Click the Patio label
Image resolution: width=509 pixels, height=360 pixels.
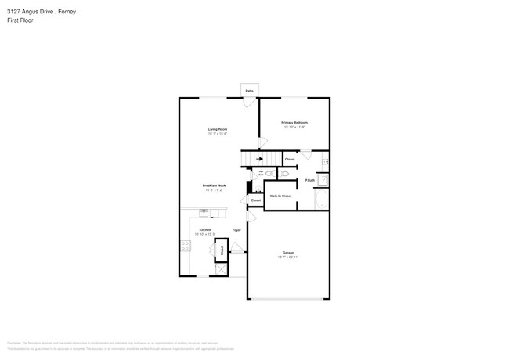[249, 92]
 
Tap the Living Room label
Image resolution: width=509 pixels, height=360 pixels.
[217, 129]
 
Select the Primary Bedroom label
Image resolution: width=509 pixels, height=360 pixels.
[294, 123]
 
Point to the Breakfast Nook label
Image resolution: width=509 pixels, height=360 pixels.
[215, 185]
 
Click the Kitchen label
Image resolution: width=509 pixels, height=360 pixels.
[204, 229]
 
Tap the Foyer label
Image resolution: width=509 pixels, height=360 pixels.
[236, 230]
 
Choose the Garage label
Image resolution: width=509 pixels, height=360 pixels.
[288, 253]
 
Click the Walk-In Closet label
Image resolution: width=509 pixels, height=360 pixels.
[280, 195]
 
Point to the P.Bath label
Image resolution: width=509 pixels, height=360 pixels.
[310, 180]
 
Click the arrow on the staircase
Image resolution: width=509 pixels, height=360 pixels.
[259, 159]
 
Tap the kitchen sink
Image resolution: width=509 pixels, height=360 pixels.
[204, 212]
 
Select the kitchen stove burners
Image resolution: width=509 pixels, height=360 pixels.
[184, 246]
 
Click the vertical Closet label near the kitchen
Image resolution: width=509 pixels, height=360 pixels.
[221, 251]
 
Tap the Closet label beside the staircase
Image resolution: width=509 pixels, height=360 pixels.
[289, 159]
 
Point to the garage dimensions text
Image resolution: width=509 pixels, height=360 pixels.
[288, 257]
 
